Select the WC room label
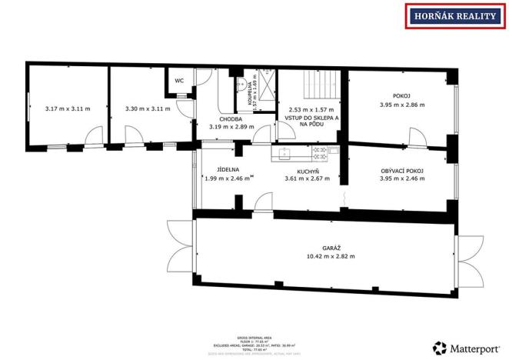179,80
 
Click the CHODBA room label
231,119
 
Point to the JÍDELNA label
228,169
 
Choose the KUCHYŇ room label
308,170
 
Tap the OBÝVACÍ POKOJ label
402,170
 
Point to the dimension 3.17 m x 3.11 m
67,109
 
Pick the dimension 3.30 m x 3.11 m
148,109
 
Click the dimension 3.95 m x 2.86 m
402,105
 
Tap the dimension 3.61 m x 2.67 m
308,178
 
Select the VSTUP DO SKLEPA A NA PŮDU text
311,121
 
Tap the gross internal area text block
254,343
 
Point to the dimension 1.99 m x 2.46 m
228,178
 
